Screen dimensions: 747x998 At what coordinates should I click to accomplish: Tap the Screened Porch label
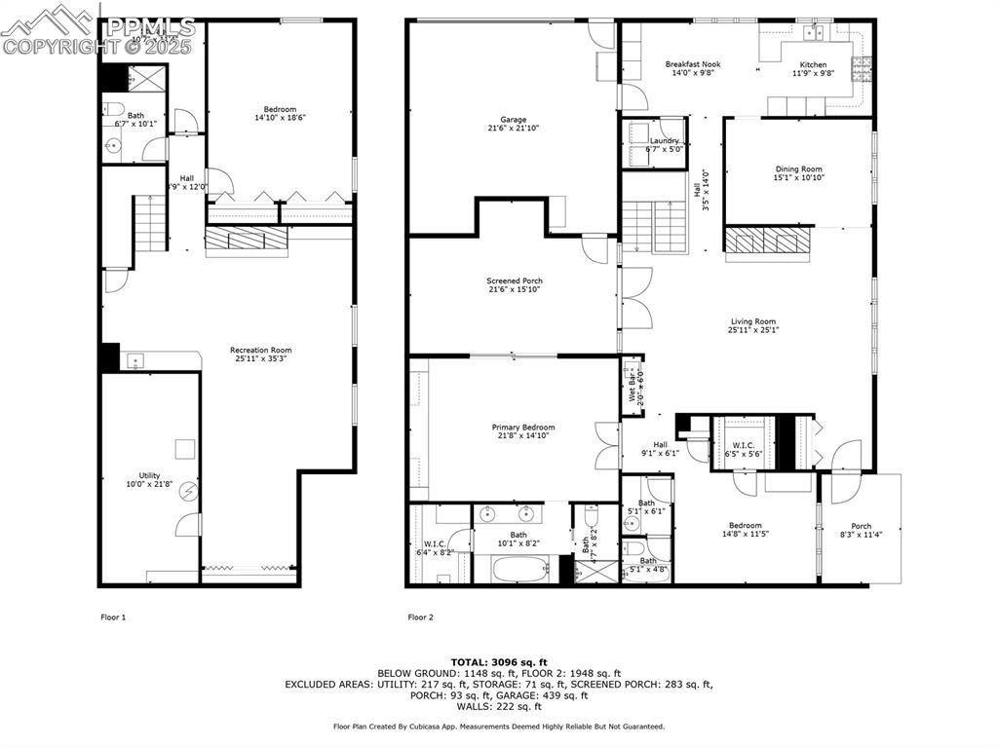[x=514, y=280]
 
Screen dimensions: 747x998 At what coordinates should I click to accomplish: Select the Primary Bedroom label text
[x=522, y=428]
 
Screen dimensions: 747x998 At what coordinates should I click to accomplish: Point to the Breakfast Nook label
[x=692, y=64]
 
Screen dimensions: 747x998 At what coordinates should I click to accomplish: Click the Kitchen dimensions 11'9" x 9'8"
[x=813, y=73]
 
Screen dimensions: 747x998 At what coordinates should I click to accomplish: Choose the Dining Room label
[x=798, y=168]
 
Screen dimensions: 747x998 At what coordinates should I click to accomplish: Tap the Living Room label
[x=753, y=321]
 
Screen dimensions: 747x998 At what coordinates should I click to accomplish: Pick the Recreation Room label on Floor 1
[x=260, y=350]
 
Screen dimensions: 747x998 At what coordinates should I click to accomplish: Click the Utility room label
[x=149, y=475]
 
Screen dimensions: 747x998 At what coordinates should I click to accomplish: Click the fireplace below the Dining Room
[x=767, y=240]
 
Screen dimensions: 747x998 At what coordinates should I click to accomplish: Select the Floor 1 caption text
[x=114, y=616]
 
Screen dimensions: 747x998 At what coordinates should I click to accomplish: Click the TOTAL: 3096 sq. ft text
[x=498, y=661]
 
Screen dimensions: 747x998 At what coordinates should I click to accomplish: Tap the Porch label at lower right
[x=861, y=526]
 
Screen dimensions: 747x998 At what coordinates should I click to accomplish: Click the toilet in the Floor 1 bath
[x=113, y=107]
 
